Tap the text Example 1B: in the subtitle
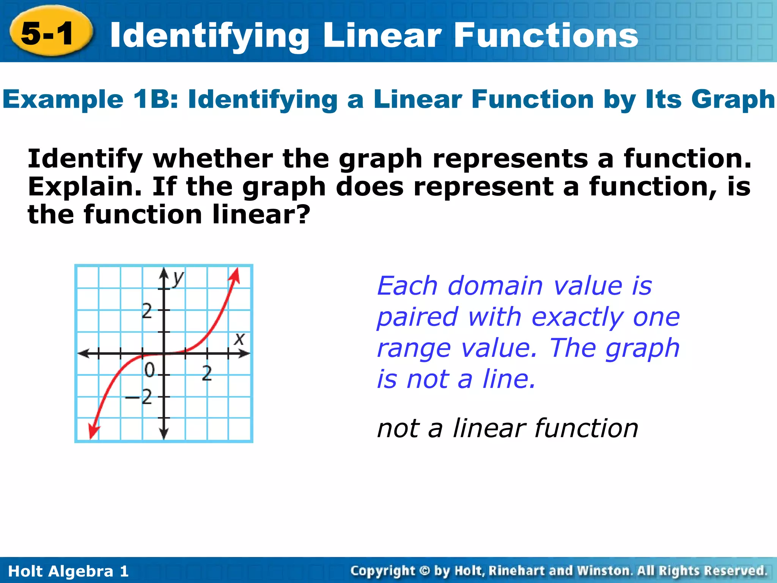pyautogui.click(x=90, y=99)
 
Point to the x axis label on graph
pyautogui.click(x=239, y=339)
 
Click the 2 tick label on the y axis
pyautogui.click(x=147, y=312)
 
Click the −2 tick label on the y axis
pyautogui.click(x=140, y=397)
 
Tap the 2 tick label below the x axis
pyautogui.click(x=207, y=373)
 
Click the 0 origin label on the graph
pyautogui.click(x=150, y=370)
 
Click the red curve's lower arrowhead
pyautogui.click(x=93, y=432)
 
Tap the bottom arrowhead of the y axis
pyautogui.click(x=164, y=434)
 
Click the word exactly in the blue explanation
pyautogui.click(x=577, y=317)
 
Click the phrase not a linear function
pyautogui.click(x=507, y=428)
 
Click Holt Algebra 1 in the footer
pyautogui.click(x=68, y=571)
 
